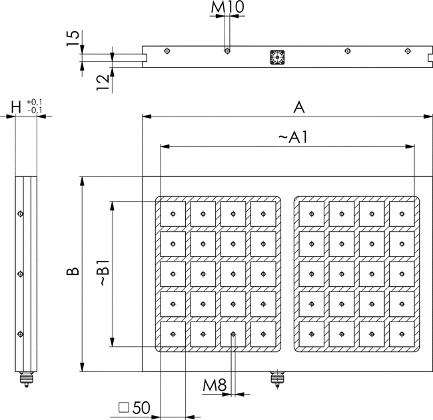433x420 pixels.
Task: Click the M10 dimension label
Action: (228, 8)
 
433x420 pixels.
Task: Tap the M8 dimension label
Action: (215, 385)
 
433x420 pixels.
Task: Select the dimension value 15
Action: (73, 39)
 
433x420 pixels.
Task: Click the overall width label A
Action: (299, 106)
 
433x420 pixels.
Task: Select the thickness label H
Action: (16, 106)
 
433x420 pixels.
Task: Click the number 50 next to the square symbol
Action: (141, 407)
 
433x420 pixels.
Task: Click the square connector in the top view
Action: (275, 57)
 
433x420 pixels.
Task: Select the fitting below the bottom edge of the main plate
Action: (275, 379)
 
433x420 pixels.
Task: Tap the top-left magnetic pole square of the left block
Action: (173, 214)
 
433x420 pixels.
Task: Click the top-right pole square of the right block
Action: (401, 214)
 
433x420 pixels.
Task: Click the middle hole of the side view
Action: (21, 274)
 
